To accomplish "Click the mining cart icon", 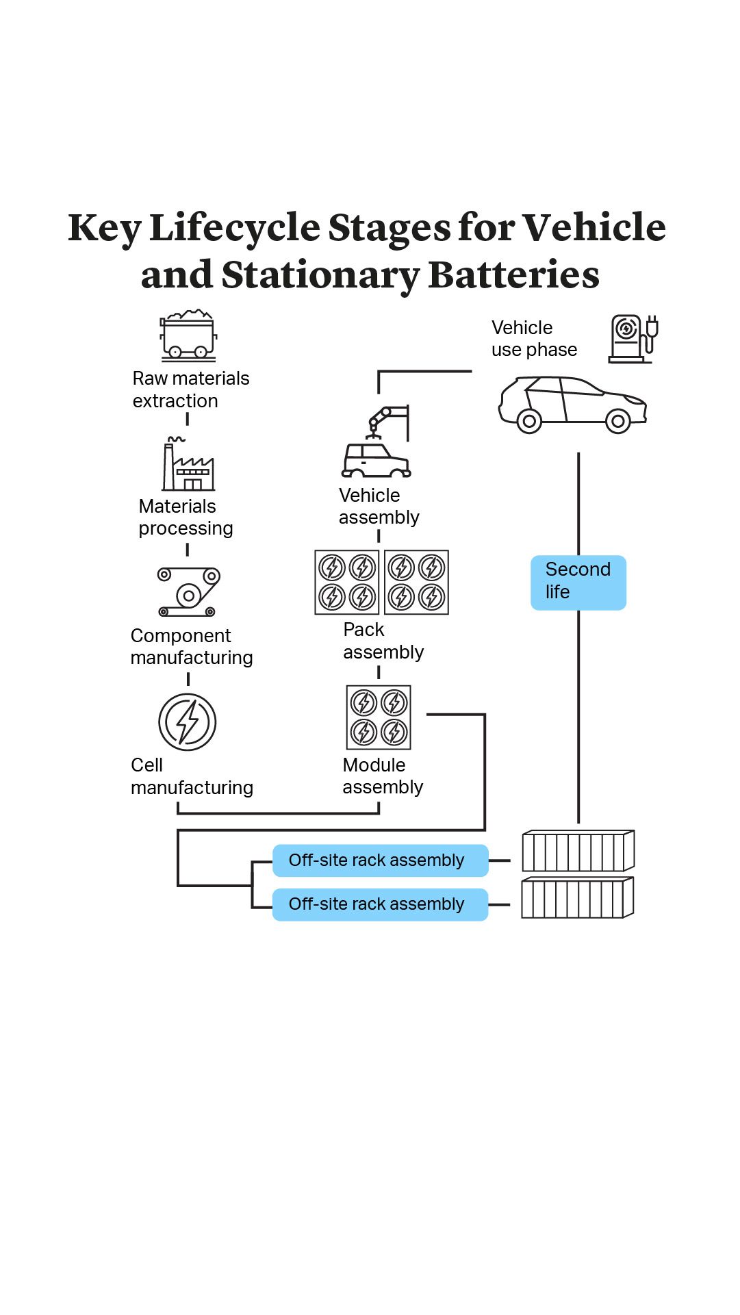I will pyautogui.click(x=188, y=335).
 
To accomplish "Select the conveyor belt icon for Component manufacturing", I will pyautogui.click(x=188, y=591).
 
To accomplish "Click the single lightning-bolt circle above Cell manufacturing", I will pyautogui.click(x=188, y=722).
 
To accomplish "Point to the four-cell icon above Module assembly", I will pyautogui.click(x=379, y=717).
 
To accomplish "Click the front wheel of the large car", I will pyautogui.click(x=617, y=421).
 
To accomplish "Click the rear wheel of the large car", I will pyautogui.click(x=529, y=421).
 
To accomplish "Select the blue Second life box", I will pyautogui.click(x=578, y=583).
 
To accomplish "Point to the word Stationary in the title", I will pyautogui.click(x=320, y=275).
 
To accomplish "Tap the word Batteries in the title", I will pyautogui.click(x=513, y=275).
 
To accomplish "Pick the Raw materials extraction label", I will pyautogui.click(x=190, y=390).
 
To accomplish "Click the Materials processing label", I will pyautogui.click(x=186, y=518).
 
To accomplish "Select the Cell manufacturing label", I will pyautogui.click(x=192, y=776).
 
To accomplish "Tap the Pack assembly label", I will pyautogui.click(x=383, y=641).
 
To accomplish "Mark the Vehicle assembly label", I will pyautogui.click(x=379, y=507).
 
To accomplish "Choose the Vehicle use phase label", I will pyautogui.click(x=534, y=339).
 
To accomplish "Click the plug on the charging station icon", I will pyautogui.click(x=652, y=329).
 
